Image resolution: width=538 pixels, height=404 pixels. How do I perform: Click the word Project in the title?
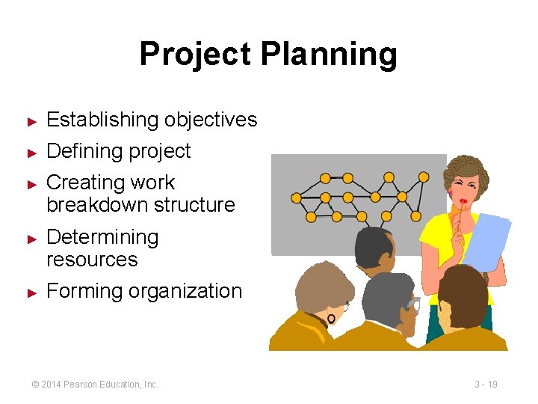pos(195,55)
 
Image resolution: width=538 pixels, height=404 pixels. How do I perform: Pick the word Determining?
pos(102,237)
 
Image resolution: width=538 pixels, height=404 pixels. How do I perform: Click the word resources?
pos(92,260)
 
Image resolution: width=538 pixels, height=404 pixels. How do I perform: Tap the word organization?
pos(185,291)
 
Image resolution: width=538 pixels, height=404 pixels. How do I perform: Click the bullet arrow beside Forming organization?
pos(31,292)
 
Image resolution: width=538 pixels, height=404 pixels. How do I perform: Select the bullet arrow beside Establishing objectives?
pos(31,120)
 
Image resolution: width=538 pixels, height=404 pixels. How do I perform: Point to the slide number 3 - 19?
pos(486,384)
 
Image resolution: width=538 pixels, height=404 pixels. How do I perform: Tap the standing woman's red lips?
pos(464,201)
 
